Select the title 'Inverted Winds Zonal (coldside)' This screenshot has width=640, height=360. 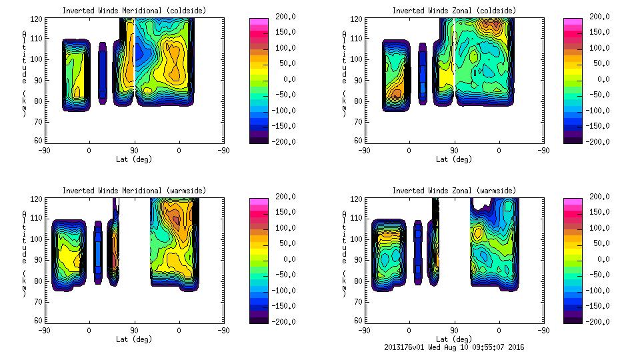coord(454,11)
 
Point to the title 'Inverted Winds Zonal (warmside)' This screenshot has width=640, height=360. coord(454,191)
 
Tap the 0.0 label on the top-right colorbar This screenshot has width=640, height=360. coord(599,79)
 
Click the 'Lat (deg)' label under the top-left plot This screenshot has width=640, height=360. coord(134,159)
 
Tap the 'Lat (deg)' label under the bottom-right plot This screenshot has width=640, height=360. coord(454,339)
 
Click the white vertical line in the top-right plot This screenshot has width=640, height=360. coord(454,53)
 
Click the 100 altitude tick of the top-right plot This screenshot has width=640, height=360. coord(357,59)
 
